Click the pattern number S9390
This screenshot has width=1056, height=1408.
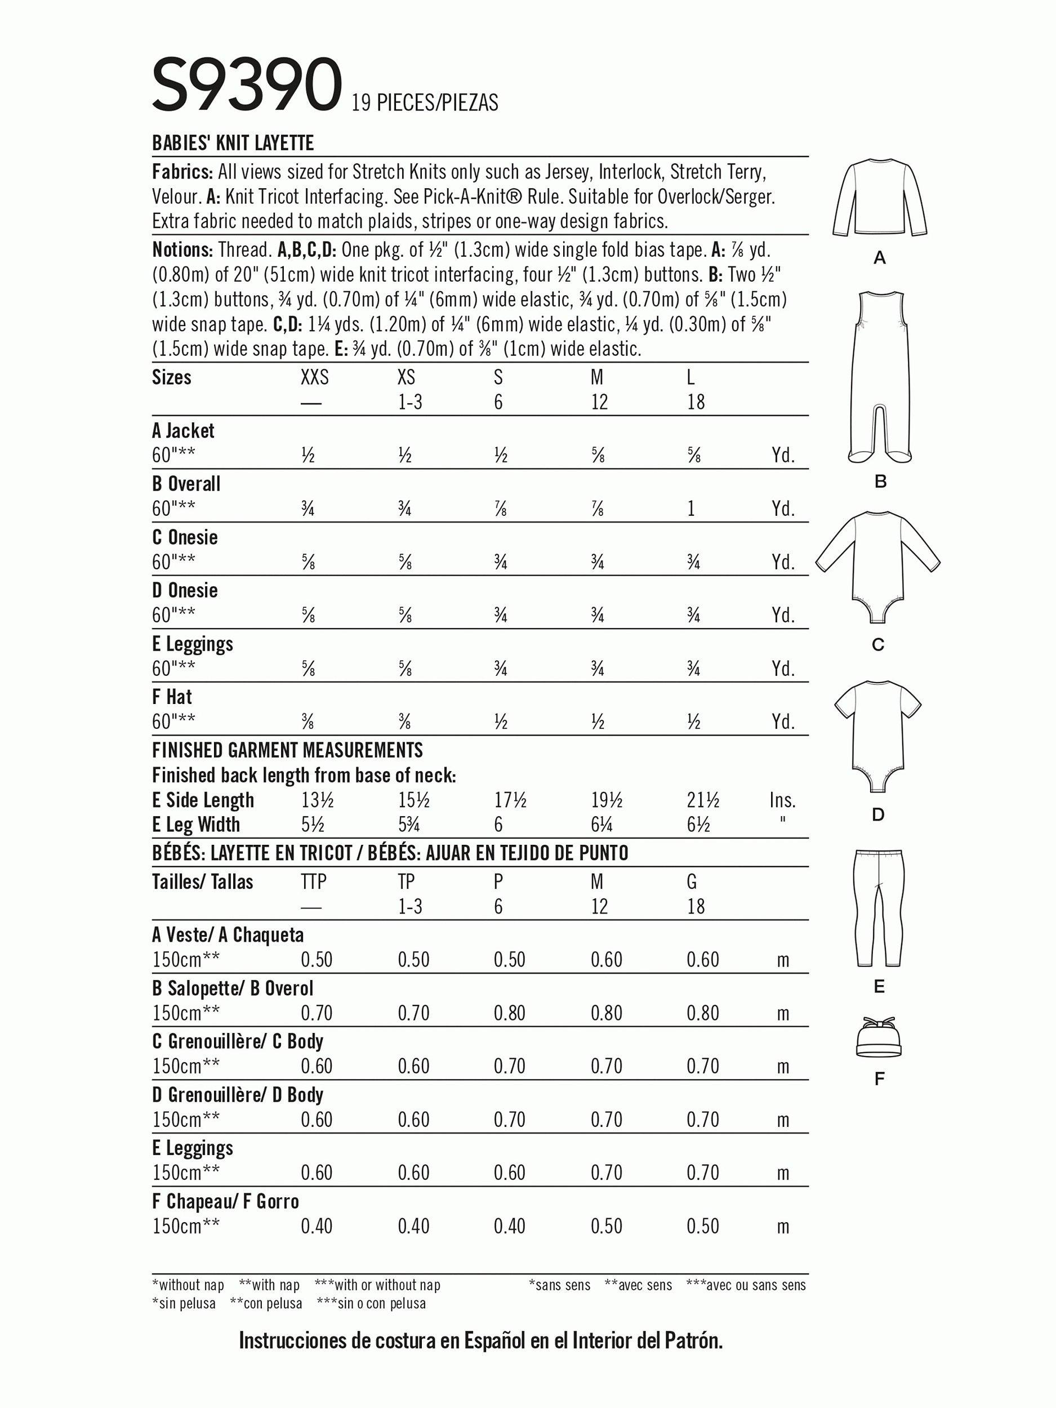click(x=247, y=84)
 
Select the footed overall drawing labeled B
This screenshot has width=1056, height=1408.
click(x=880, y=376)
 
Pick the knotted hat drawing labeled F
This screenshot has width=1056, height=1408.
click(x=879, y=1037)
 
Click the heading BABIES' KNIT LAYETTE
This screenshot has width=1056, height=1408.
click(x=233, y=143)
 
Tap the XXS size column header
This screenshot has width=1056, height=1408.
click(x=314, y=378)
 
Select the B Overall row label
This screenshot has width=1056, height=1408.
click(x=186, y=484)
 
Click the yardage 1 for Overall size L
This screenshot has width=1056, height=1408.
click(x=690, y=509)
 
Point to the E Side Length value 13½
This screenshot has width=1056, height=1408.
click(x=317, y=800)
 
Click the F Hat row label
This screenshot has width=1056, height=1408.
click(x=172, y=697)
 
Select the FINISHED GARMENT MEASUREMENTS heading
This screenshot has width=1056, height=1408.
click(x=287, y=751)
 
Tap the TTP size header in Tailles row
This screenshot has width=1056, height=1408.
click(x=313, y=881)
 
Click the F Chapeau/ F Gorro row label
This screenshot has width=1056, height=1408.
click(x=225, y=1202)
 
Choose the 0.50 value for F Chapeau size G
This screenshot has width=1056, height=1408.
click(x=703, y=1226)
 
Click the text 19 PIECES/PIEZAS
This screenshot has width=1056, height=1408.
click(x=425, y=103)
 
